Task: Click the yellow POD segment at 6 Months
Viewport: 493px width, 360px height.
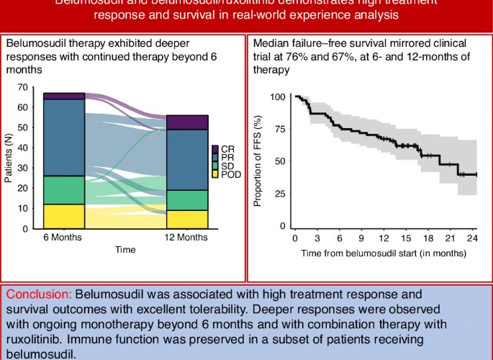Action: (64, 216)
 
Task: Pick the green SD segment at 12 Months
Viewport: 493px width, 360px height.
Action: (187, 200)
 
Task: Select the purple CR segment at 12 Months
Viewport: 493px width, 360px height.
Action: (187, 122)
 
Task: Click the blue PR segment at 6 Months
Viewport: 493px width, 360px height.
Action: (64, 138)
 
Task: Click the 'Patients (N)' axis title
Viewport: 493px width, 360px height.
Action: (9, 158)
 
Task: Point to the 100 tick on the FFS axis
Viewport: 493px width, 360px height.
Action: (277, 96)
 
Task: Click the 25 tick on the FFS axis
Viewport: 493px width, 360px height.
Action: (279, 194)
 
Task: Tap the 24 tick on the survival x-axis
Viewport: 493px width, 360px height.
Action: (472, 238)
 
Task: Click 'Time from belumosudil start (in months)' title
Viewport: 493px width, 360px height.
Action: (383, 253)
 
